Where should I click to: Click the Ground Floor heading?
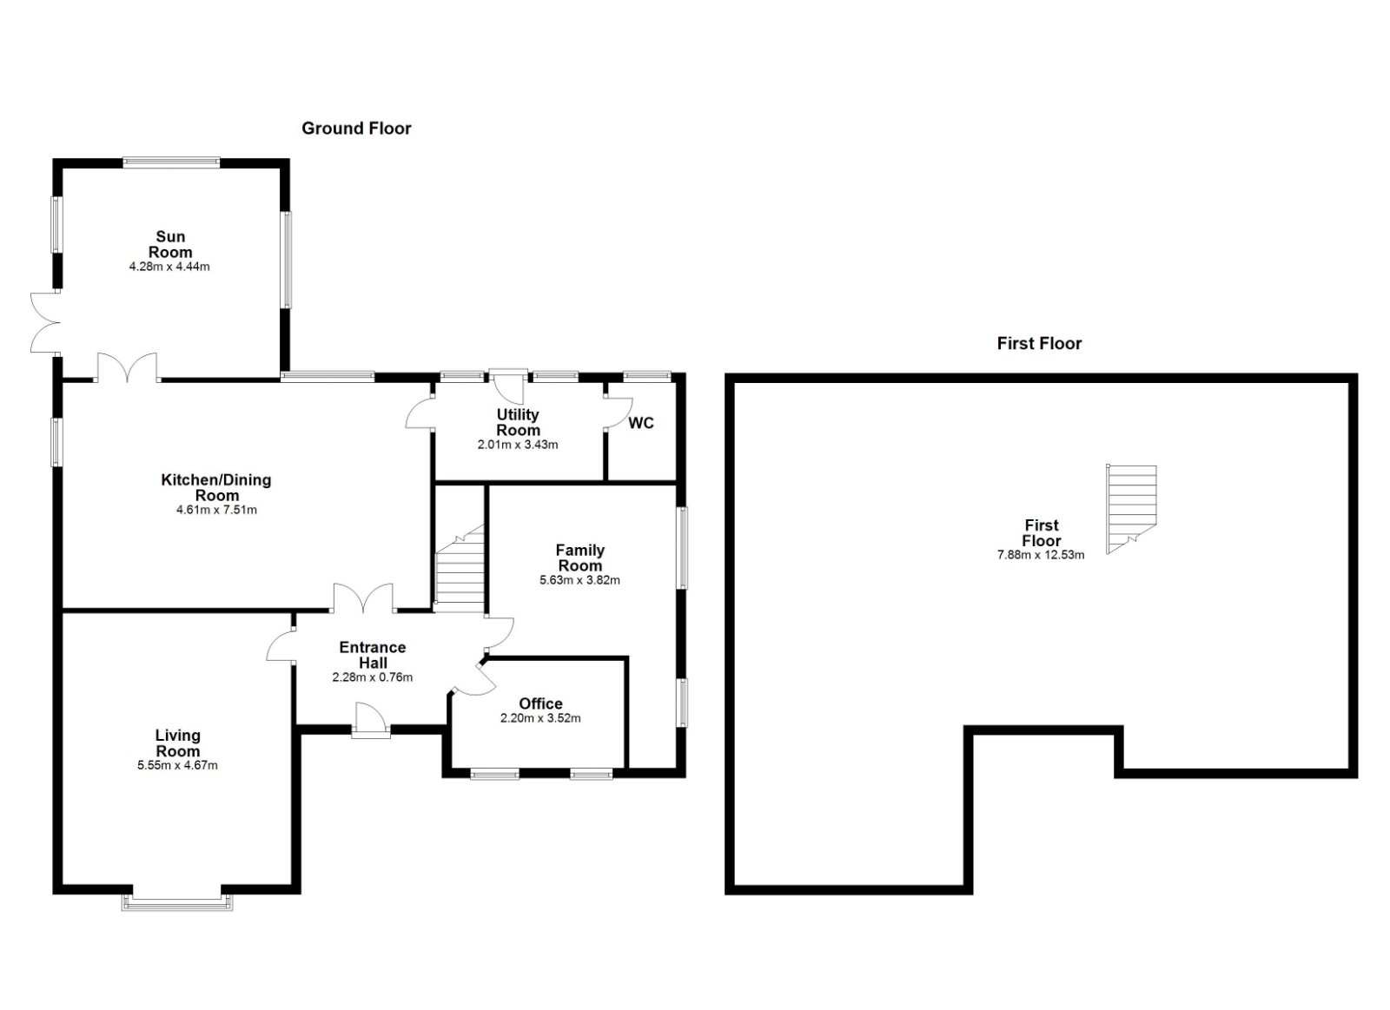(356, 129)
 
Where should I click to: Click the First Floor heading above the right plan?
(1039, 344)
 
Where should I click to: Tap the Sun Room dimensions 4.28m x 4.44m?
(169, 267)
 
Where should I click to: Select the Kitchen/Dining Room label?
(216, 487)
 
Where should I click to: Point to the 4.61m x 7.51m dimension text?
(216, 510)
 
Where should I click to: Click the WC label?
(641, 423)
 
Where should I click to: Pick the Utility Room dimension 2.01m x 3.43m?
(518, 445)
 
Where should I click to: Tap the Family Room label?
(580, 558)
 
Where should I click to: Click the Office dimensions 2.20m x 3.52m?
(540, 718)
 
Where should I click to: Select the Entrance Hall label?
(373, 655)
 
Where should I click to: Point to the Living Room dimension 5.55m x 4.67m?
(177, 766)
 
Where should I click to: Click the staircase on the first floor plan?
(1131, 509)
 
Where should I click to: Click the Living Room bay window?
(177, 901)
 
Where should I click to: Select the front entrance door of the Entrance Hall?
(371, 722)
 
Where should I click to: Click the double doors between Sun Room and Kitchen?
(127, 367)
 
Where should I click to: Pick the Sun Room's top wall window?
(171, 163)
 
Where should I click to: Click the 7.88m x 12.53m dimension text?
(1041, 555)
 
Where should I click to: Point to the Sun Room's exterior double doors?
(44, 322)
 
